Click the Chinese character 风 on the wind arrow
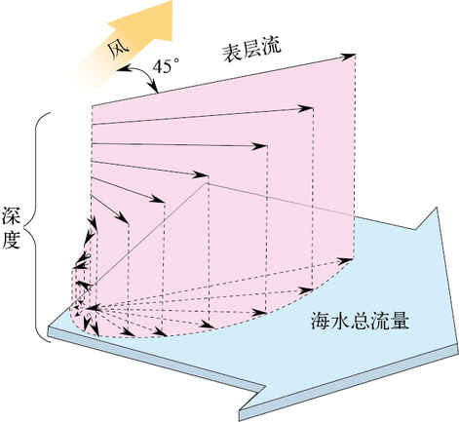(x=119, y=52)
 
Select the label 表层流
(x=251, y=50)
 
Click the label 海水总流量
(x=360, y=321)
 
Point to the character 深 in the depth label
(x=12, y=215)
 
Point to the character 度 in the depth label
(x=12, y=240)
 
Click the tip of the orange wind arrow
(x=172, y=2)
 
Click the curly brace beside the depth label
(x=38, y=227)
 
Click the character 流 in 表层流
(x=271, y=49)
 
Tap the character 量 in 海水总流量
(x=400, y=321)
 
